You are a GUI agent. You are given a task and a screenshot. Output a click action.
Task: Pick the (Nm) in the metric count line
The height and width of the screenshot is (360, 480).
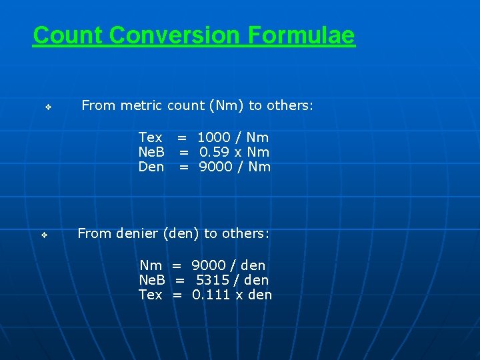click(226, 105)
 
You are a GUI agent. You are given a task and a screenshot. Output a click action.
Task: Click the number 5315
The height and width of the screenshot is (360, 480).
click(213, 280)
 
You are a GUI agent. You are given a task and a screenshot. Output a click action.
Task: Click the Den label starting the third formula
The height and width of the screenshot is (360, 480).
click(151, 167)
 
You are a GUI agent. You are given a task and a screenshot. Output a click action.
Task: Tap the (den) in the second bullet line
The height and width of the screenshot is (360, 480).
click(181, 233)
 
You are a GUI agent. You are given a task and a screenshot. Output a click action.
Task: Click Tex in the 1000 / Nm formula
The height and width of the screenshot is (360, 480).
click(150, 137)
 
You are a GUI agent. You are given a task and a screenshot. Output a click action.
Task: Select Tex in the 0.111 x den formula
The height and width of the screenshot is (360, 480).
click(150, 295)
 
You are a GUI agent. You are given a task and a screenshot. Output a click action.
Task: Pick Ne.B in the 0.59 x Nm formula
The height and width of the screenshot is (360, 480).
click(151, 152)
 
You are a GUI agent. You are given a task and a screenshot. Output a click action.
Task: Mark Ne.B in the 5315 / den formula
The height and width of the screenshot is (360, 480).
click(152, 280)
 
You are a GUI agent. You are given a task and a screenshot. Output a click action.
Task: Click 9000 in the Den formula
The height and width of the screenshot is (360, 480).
click(215, 167)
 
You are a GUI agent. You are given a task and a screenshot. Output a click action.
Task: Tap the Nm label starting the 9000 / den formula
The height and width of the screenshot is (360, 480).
click(151, 265)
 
